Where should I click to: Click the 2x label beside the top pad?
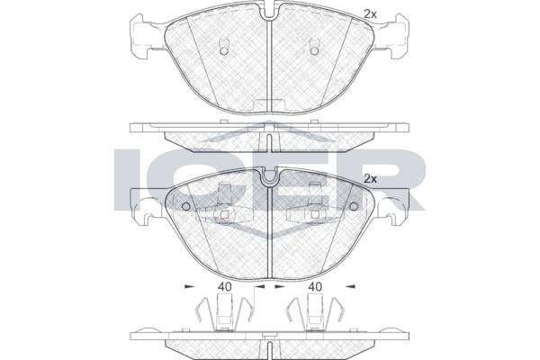point(371,14)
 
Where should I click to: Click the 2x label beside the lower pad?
point(371,179)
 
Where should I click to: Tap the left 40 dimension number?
point(224,286)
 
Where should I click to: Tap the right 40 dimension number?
point(315,286)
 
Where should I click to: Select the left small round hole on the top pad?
point(223,51)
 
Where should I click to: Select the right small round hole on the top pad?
point(314,51)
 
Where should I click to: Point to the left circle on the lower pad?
point(185,206)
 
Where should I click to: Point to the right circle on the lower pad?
point(354,206)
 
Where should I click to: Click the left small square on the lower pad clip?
point(224,215)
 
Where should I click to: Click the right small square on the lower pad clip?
point(315,215)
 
